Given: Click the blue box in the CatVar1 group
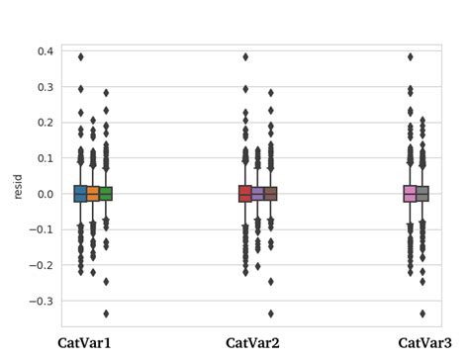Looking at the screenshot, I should (x=81, y=194).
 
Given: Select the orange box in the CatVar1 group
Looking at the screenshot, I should (x=94, y=194).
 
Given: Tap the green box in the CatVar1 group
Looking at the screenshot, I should (x=106, y=194).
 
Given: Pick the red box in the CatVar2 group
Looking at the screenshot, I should (x=245, y=194).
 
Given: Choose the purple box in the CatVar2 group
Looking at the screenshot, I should (x=258, y=194).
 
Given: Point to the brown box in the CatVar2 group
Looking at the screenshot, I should (x=270, y=194).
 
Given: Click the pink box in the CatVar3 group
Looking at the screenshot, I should (x=410, y=194).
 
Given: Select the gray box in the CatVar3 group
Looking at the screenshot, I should (x=422, y=194).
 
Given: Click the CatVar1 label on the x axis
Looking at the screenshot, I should (x=85, y=343).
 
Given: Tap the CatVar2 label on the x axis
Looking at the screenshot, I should (x=252, y=343).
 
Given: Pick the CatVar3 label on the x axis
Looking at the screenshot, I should (x=415, y=343).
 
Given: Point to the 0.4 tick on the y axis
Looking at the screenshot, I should (x=45, y=51).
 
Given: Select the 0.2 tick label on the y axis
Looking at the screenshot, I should (x=45, y=123).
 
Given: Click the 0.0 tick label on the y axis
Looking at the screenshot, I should (x=45, y=194).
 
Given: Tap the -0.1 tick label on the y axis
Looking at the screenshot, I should (x=42, y=229).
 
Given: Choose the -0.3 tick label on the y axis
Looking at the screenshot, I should (x=42, y=301).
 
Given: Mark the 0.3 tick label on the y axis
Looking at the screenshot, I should (x=45, y=87).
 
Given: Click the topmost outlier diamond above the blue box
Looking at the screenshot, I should (x=81, y=57).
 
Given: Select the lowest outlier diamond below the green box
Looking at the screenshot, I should (x=106, y=314).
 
